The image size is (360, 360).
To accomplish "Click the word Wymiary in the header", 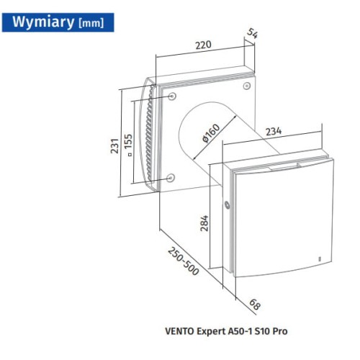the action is click(x=43, y=22).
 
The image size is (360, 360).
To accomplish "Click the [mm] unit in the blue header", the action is click(x=91, y=23).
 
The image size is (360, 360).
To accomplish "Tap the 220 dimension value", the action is click(x=203, y=45).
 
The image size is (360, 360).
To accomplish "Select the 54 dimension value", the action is click(x=253, y=33).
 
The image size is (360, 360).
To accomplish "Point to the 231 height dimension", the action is click(x=114, y=145).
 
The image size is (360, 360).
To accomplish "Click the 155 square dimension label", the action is click(x=128, y=143).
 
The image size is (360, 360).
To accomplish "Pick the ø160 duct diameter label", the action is click(x=211, y=133).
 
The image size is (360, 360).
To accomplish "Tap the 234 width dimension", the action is click(x=274, y=131).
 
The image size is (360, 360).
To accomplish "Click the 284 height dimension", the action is click(x=204, y=223).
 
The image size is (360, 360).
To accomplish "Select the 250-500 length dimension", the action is click(x=183, y=261).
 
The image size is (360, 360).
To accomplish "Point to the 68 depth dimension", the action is click(x=255, y=305).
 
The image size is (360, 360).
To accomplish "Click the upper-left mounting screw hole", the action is click(x=172, y=96).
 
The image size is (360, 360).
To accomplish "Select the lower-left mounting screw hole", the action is click(x=171, y=177).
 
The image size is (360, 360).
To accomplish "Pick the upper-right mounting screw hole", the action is click(x=247, y=86).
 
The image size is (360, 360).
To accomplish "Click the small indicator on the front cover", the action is click(x=320, y=259).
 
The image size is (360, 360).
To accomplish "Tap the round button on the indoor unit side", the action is click(x=227, y=205).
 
